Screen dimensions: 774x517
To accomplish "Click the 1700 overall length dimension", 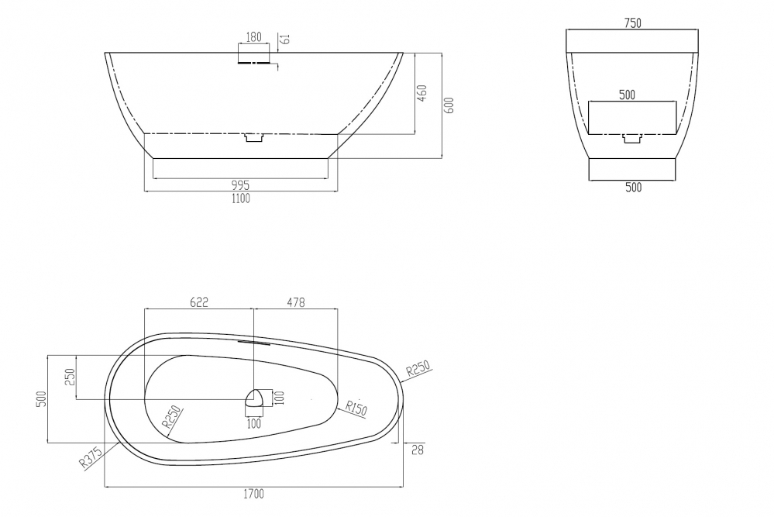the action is (253, 494).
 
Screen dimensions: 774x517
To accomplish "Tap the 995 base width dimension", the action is (240, 186).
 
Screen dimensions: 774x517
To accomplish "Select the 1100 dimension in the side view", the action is (240, 198).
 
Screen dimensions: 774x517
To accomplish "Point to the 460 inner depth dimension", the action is (422, 93).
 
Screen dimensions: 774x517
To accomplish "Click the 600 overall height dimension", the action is (449, 105).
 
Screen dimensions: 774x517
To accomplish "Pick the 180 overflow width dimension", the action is (253, 37).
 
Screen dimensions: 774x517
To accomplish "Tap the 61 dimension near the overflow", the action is (285, 39).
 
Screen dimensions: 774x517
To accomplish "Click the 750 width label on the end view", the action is (632, 22).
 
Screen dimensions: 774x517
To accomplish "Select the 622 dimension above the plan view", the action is (199, 302).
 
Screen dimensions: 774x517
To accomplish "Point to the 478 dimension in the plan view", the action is (296, 302).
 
